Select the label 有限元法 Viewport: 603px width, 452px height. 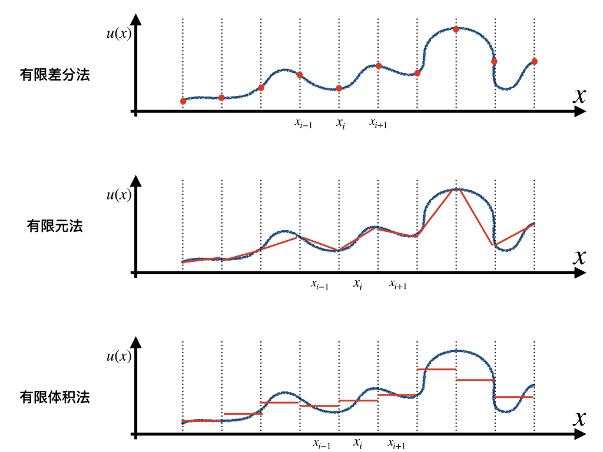(x=55, y=225)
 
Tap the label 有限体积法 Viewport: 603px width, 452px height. (x=55, y=397)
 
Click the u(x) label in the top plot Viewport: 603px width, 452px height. (x=118, y=34)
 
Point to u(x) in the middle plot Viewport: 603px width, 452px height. (x=118, y=195)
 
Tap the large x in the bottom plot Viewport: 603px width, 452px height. (x=579, y=418)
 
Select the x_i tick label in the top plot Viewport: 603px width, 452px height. (x=340, y=124)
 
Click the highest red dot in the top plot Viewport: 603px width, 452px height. (x=456, y=29)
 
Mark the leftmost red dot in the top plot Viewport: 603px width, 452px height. (x=183, y=101)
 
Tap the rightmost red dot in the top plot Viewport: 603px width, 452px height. (x=534, y=61)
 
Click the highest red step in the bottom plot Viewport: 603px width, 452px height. (x=436, y=369)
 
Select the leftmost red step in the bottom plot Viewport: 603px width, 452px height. (x=202, y=421)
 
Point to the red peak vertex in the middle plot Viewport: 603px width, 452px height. (x=456, y=190)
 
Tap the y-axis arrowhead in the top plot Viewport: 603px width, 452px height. (x=136, y=20)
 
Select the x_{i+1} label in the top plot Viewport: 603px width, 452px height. (x=378, y=123)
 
